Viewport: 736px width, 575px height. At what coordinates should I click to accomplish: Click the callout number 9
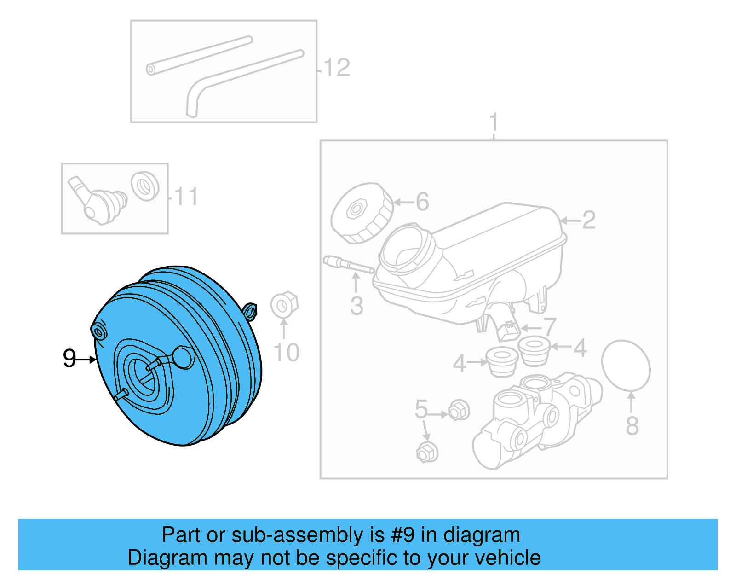69,358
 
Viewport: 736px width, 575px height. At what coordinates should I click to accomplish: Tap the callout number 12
337,68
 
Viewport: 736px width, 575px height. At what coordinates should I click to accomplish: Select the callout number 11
186,197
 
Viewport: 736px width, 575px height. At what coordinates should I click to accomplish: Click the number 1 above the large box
494,123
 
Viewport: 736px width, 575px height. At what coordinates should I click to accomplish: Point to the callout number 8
632,426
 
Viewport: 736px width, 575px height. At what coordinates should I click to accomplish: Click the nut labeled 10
284,304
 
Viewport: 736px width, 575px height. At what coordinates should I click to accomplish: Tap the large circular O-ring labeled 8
626,366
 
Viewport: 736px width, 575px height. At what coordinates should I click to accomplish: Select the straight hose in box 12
200,56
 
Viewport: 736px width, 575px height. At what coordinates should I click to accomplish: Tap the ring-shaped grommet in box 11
145,186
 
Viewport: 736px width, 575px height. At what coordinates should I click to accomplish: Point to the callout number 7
550,327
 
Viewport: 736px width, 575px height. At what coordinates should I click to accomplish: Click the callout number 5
421,409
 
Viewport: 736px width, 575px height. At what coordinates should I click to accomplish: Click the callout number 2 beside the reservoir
589,221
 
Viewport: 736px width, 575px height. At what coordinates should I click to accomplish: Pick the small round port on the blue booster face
184,358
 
